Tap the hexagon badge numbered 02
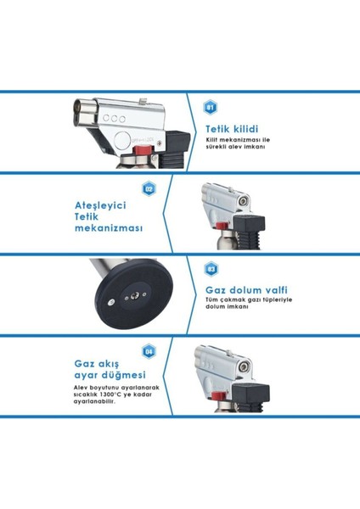point(149,188)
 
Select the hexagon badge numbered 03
point(211,270)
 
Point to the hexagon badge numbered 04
point(149,350)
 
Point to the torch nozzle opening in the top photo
point(84,110)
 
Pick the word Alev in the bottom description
point(81,388)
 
